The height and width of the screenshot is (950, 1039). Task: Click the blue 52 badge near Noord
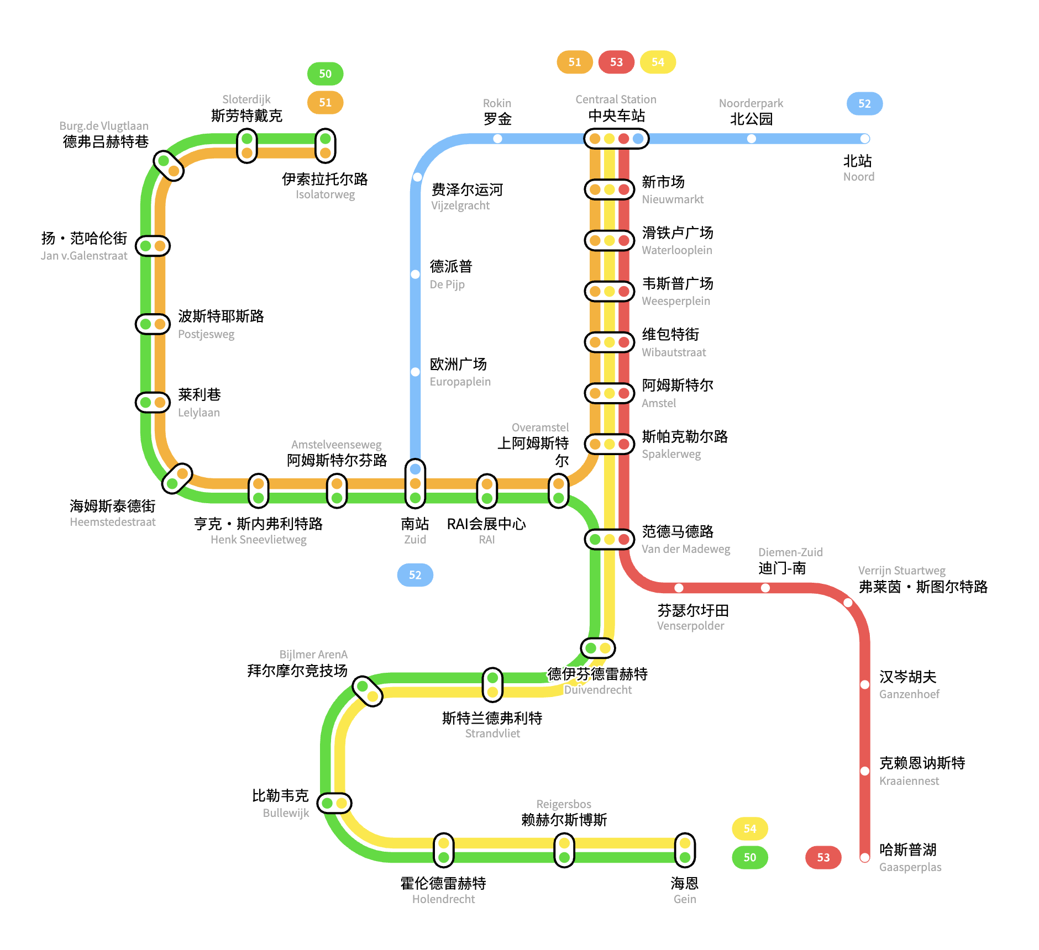pyautogui.click(x=864, y=104)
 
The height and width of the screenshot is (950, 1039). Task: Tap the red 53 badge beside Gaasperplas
pyautogui.click(x=823, y=857)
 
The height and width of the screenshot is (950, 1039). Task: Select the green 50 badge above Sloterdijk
pyautogui.click(x=325, y=74)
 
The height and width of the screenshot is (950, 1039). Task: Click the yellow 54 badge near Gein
pyautogui.click(x=749, y=828)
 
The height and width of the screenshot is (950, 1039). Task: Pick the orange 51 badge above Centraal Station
pyautogui.click(x=575, y=62)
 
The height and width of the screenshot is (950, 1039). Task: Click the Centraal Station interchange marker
pyautogui.click(x=616, y=139)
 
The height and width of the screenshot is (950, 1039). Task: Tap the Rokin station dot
pyautogui.click(x=497, y=139)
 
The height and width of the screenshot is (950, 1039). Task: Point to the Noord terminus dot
pyautogui.click(x=865, y=139)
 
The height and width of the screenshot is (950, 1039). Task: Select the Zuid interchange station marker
pyautogui.click(x=415, y=484)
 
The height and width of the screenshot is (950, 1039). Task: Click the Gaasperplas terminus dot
pyautogui.click(x=865, y=857)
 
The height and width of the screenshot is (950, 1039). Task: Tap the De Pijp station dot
pyautogui.click(x=415, y=275)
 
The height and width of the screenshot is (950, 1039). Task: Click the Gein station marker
pyautogui.click(x=685, y=850)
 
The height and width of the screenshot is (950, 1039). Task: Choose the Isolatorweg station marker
pyautogui.click(x=326, y=146)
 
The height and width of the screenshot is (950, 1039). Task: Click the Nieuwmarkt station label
pyautogui.click(x=672, y=190)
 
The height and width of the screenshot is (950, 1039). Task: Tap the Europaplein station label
pyautogui.click(x=460, y=372)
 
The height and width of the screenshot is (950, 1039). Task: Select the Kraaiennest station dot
pyautogui.click(x=865, y=771)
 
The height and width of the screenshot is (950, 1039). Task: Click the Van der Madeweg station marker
pyautogui.click(x=609, y=539)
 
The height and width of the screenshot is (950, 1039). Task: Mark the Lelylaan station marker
pyautogui.click(x=153, y=402)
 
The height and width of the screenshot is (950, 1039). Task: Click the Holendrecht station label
pyautogui.click(x=443, y=890)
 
